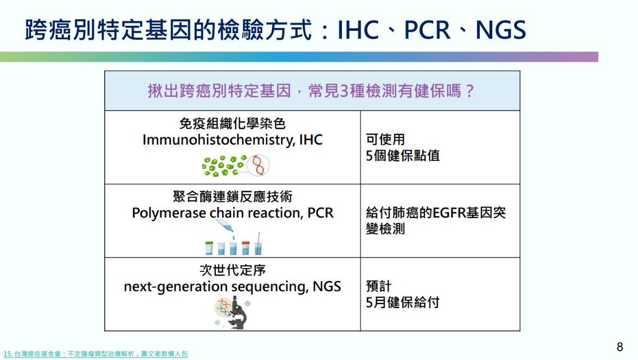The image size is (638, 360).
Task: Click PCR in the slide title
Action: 427,30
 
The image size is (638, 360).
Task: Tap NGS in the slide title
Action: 501,30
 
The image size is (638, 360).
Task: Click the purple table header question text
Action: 311,91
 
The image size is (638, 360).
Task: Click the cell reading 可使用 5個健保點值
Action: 403,147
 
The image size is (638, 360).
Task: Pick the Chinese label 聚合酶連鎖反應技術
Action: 232,197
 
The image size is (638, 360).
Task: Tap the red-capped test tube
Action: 246,248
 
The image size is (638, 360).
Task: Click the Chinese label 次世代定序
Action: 232,270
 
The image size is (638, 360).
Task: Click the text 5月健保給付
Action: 403,302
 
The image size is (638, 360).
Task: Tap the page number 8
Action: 619,347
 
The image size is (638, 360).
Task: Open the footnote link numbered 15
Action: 95,354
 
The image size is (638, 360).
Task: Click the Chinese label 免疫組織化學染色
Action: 232,124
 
